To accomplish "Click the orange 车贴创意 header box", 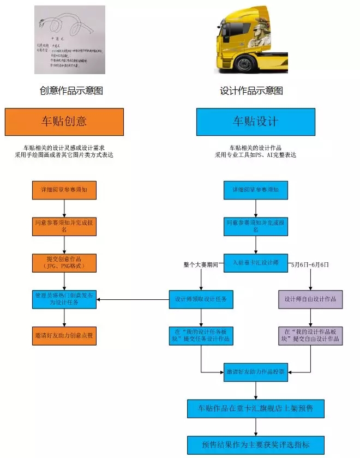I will pos(64,122).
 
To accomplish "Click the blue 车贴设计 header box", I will pos(255,122).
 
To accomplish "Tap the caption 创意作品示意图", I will pos(71,91).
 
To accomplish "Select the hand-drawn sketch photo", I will pos(69,40).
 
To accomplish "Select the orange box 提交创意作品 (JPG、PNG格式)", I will pos(64,262).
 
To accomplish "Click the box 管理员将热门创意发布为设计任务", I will pos(64,299).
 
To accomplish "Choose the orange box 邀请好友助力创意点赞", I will pos(64,335).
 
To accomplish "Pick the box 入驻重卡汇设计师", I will pos(256,262).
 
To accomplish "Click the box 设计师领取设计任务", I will pos(201,299).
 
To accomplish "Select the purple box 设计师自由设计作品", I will pos(311,299).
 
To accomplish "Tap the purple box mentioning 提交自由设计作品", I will pos(311,335).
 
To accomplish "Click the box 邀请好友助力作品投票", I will pos(256,372).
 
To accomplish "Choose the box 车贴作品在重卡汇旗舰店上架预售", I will pos(256,407).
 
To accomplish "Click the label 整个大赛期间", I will pos(201,264).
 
